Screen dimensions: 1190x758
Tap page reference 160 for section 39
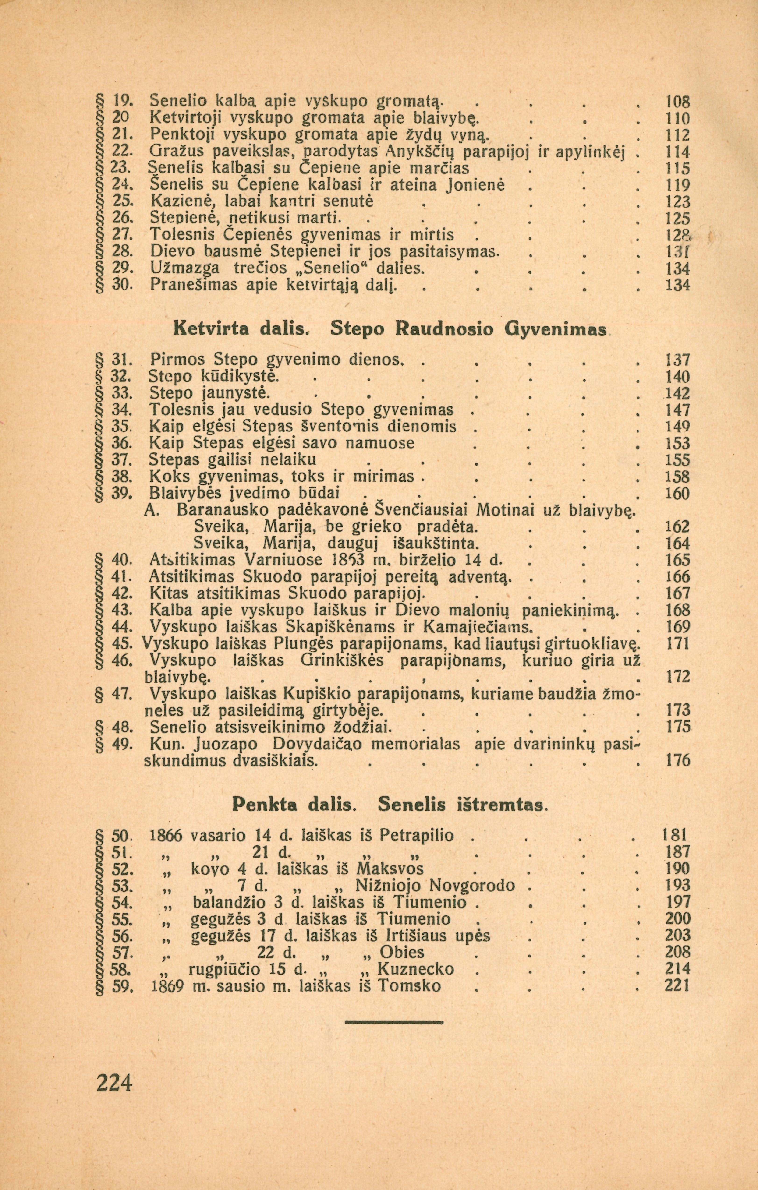pyautogui.click(x=676, y=494)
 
